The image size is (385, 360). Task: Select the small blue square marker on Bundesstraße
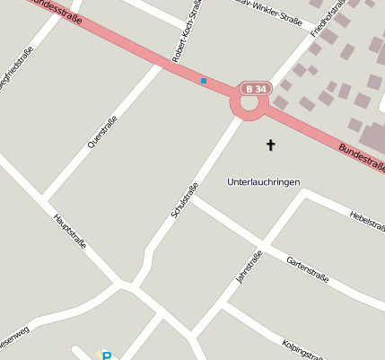click(204, 82)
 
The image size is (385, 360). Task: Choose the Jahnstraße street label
click(249, 268)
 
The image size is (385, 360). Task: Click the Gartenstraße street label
click(307, 268)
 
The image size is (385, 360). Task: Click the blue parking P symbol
click(107, 356)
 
